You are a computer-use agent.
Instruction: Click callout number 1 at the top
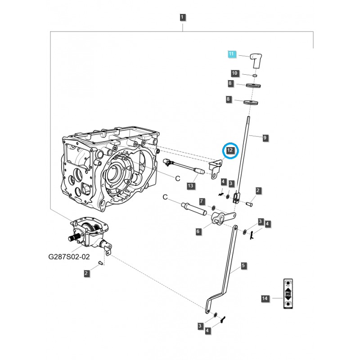[182, 18]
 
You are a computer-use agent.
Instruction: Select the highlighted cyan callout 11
[231, 54]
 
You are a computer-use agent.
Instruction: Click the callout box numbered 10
[234, 73]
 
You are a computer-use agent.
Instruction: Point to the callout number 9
[265, 137]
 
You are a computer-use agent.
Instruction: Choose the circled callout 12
[230, 150]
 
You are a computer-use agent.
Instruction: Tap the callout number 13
[190, 185]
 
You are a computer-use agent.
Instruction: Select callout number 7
[202, 201]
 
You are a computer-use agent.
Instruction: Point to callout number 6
[198, 231]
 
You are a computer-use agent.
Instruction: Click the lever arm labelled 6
[220, 219]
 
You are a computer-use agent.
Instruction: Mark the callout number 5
[243, 266]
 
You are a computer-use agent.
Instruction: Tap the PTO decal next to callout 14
[287, 294]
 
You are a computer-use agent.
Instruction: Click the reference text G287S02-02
[69, 258]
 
